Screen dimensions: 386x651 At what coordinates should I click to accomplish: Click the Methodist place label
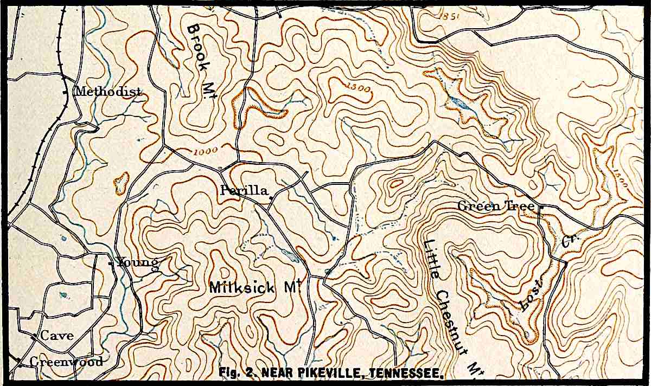(x=108, y=92)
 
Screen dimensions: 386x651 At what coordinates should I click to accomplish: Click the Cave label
(x=57, y=336)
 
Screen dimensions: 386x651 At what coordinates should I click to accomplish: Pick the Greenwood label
(x=66, y=362)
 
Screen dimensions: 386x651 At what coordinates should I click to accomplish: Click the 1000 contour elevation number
(x=204, y=151)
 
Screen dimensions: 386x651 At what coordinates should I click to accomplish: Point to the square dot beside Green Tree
(x=540, y=206)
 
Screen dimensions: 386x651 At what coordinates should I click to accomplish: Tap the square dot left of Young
(x=111, y=264)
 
